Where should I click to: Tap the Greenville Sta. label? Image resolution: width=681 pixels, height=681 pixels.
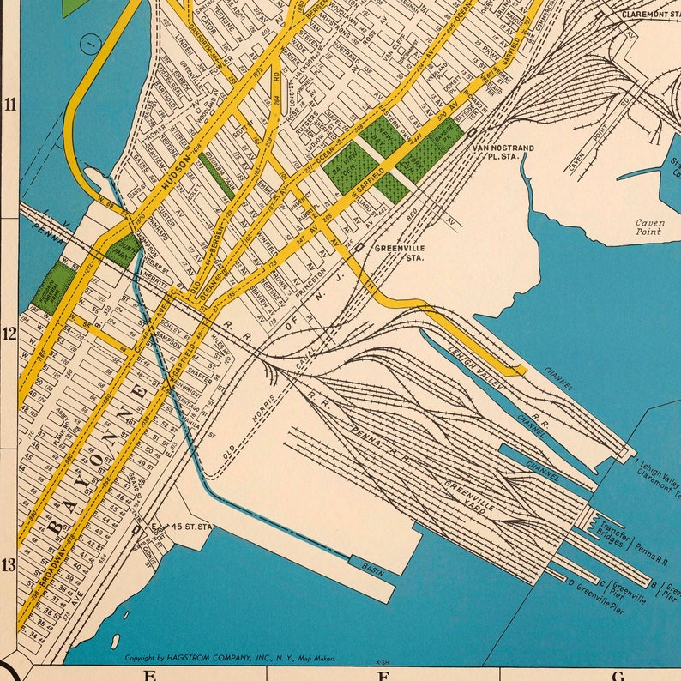(400, 252)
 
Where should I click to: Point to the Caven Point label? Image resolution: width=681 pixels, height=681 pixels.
(649, 227)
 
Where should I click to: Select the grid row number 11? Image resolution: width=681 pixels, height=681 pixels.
(10, 105)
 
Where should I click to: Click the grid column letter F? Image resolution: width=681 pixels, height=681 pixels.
(378, 674)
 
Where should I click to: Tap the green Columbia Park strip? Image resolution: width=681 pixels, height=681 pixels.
(216, 176)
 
